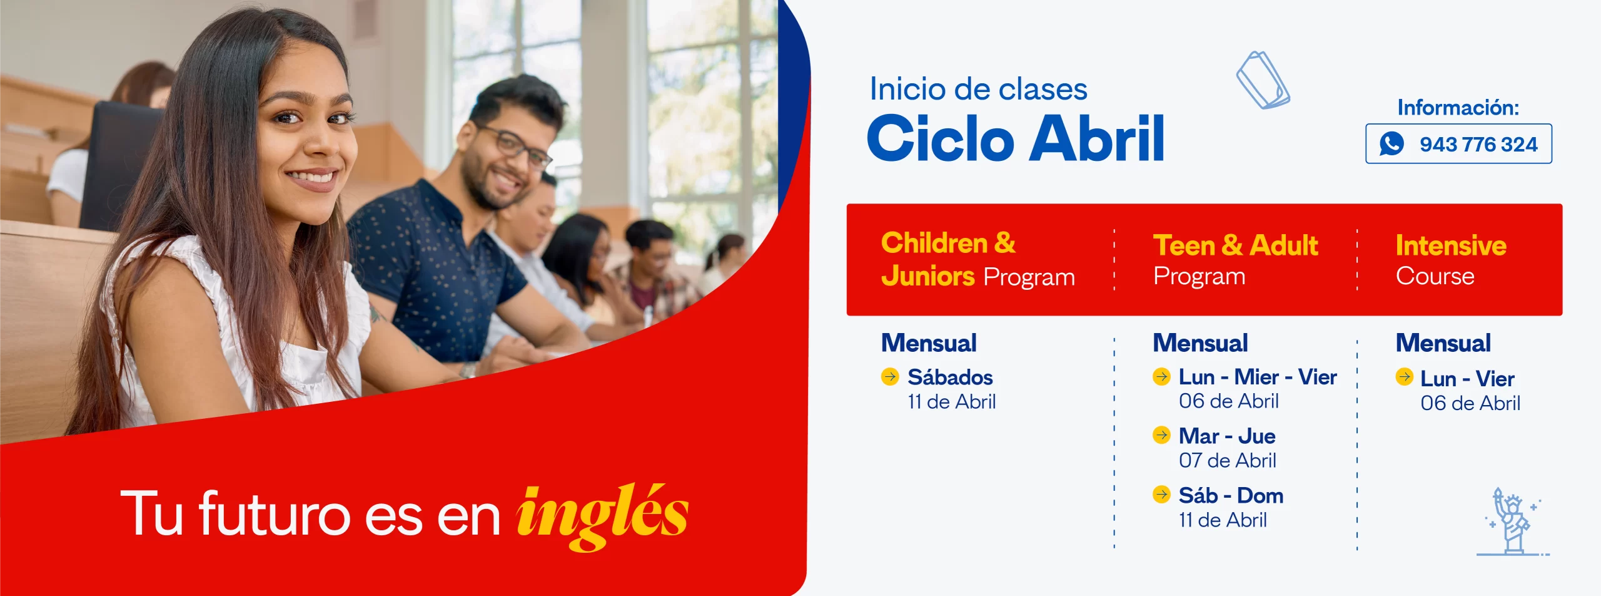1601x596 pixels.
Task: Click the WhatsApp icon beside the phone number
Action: (x=1391, y=144)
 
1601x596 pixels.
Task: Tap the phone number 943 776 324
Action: (x=1478, y=145)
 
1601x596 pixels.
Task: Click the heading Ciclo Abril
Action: (x=1016, y=138)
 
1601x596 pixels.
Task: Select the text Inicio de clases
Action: (x=978, y=89)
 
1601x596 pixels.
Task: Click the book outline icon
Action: (x=1263, y=80)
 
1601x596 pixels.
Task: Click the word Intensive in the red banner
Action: (x=1451, y=245)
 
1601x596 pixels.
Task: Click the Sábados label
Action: (x=950, y=377)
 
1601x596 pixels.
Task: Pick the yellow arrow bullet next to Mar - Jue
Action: (x=1161, y=434)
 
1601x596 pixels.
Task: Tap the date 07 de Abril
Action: (x=1227, y=461)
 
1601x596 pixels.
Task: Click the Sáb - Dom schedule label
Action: (x=1231, y=496)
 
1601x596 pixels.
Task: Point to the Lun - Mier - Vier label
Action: (x=1258, y=377)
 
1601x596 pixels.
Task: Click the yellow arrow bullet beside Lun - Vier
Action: (x=1404, y=376)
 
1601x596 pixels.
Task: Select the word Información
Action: (x=1458, y=108)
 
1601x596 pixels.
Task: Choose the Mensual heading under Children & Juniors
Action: (x=929, y=343)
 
